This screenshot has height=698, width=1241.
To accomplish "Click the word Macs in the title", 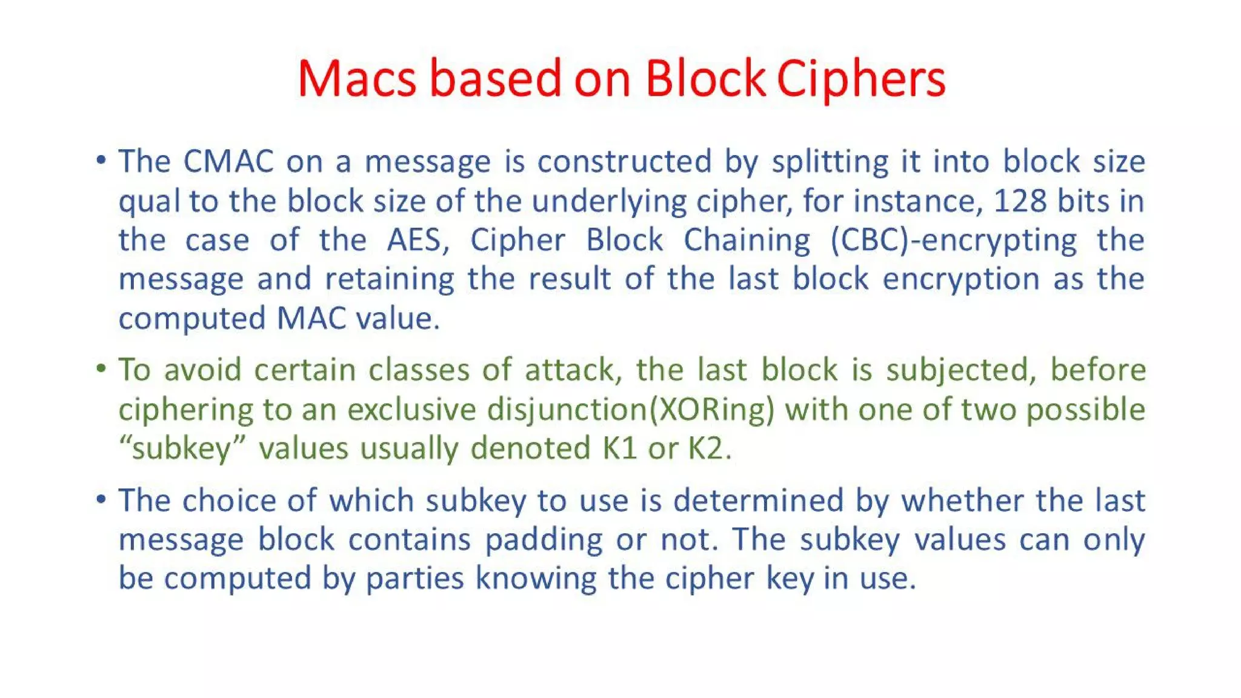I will tap(357, 79).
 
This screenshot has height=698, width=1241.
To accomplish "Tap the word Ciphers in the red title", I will tap(861, 80).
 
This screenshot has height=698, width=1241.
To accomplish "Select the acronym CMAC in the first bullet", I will tap(228, 162).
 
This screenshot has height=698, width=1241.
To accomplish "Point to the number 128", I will tap(1020, 201).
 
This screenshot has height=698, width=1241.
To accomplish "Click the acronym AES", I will tap(418, 240).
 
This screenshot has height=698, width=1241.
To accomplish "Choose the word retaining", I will tap(389, 279).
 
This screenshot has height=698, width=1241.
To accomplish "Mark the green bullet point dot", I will tap(101, 368).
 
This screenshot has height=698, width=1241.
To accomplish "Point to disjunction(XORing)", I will tap(631, 410).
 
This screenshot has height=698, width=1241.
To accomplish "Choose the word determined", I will tap(759, 500).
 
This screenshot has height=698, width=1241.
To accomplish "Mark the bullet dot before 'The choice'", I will tap(101, 499).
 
